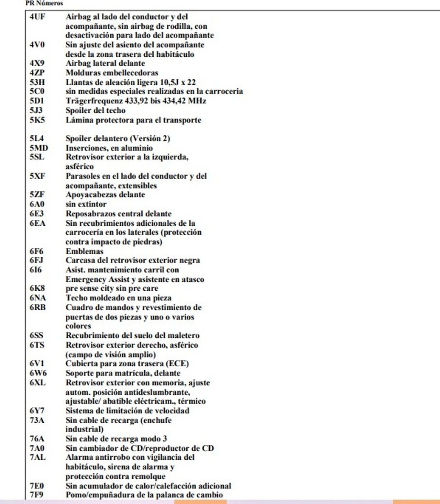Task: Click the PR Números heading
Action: pos(44,3)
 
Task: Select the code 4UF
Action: pos(37,16)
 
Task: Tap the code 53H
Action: pos(37,82)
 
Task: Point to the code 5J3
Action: pos(36,110)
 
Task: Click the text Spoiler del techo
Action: pos(96,110)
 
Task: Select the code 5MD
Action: pos(38,148)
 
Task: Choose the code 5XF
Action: pos(37,176)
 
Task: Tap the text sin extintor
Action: pos(86,204)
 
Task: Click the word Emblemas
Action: pos(85,251)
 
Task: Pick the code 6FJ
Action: pos(36,260)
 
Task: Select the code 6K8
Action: pos(37,288)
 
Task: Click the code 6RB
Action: pos(37,307)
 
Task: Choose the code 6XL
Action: pos(37,382)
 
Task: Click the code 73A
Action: pos(37,420)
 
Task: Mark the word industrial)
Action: pos(85,429)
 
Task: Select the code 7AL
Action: pos(37,457)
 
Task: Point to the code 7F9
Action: pos(36,495)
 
